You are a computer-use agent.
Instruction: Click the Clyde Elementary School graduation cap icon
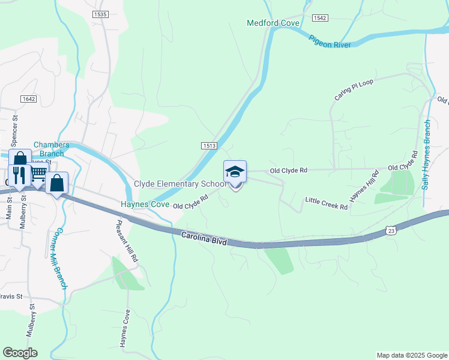tap(235, 172)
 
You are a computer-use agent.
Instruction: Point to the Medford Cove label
tap(265, 23)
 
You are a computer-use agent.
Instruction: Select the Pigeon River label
tap(330, 41)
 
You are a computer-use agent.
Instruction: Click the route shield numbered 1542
tap(320, 18)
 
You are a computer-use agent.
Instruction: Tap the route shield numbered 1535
tap(100, 14)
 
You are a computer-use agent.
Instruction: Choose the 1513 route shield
tap(209, 145)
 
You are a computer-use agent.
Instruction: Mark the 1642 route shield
tap(28, 99)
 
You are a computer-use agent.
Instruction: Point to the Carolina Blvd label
tap(203, 239)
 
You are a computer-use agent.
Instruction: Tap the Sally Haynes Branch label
tap(426, 155)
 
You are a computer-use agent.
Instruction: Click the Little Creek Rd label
tap(326, 203)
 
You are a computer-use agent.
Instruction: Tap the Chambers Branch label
tap(52, 149)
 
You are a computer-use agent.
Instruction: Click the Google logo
tap(20, 353)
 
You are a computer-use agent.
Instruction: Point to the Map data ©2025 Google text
tap(411, 355)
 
